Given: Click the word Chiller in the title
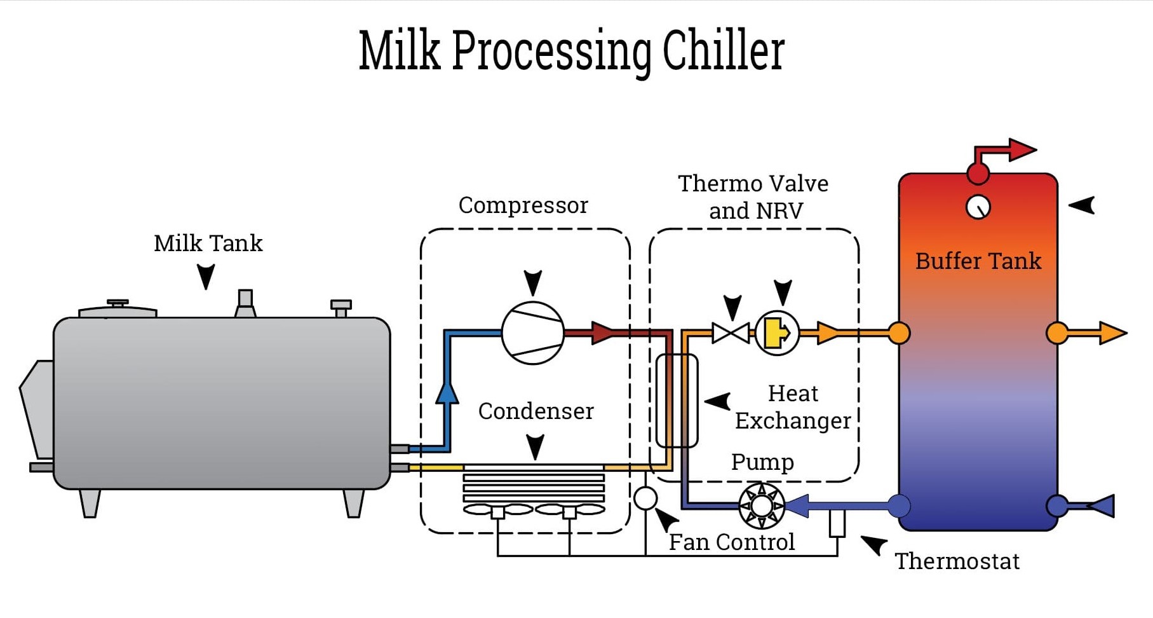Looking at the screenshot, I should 724,51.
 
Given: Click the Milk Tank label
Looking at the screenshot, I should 208,244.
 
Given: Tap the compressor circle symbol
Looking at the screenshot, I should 532,333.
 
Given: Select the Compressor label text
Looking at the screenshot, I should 523,205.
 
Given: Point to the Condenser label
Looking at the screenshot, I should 536,411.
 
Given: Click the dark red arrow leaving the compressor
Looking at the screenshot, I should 601,333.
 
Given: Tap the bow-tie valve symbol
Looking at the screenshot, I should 731,333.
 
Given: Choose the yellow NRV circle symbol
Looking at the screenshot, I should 777,333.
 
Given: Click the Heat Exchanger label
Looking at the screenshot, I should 793,407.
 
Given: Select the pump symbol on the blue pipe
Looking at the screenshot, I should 762,506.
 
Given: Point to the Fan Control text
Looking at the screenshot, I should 731,542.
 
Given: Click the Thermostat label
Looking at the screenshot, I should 957,561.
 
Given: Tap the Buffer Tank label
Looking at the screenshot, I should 978,261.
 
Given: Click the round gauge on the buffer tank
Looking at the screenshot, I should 978,207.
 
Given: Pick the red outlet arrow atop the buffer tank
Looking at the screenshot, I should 1021,150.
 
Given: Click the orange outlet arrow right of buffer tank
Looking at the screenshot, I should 1112,333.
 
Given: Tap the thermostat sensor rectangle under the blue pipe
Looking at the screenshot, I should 837,523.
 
